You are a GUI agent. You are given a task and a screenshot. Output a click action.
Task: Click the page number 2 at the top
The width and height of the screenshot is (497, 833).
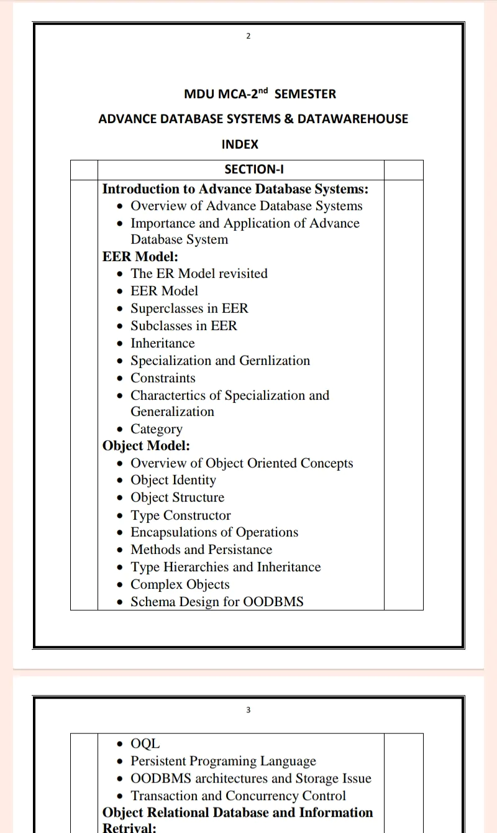pyautogui.click(x=248, y=36)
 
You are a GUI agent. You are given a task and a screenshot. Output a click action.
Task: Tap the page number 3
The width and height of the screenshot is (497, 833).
pyautogui.click(x=248, y=710)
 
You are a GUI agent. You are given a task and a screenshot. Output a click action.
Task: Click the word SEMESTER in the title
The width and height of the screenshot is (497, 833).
pyautogui.click(x=305, y=94)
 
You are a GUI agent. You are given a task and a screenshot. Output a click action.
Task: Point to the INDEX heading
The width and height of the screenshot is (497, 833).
pyautogui.click(x=240, y=144)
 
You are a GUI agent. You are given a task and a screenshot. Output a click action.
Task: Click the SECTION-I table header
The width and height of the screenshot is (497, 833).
pyautogui.click(x=254, y=169)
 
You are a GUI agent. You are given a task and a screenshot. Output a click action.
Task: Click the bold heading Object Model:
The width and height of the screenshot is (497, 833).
pyautogui.click(x=146, y=446)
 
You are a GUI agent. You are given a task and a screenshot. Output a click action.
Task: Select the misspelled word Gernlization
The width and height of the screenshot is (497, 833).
pyautogui.click(x=273, y=361)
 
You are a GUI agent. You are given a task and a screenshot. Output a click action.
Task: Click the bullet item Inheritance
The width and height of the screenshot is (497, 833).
pyautogui.click(x=162, y=343)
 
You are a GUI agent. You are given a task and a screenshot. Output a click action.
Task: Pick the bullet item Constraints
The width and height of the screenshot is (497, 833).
pyautogui.click(x=163, y=378)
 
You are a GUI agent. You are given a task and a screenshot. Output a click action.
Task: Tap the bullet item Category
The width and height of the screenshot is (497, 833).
pyautogui.click(x=157, y=429)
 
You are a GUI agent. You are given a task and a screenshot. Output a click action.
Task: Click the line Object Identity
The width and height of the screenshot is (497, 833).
pyautogui.click(x=173, y=480)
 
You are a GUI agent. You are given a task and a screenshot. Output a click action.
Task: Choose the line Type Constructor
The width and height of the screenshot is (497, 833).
pyautogui.click(x=180, y=515)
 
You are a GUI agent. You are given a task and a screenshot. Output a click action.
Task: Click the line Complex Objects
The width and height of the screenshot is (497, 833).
pyautogui.click(x=180, y=584)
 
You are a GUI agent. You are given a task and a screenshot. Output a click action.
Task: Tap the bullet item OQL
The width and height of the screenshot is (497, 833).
pyautogui.click(x=145, y=743)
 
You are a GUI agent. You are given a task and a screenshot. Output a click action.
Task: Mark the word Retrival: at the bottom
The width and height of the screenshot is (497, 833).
pyautogui.click(x=129, y=827)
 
